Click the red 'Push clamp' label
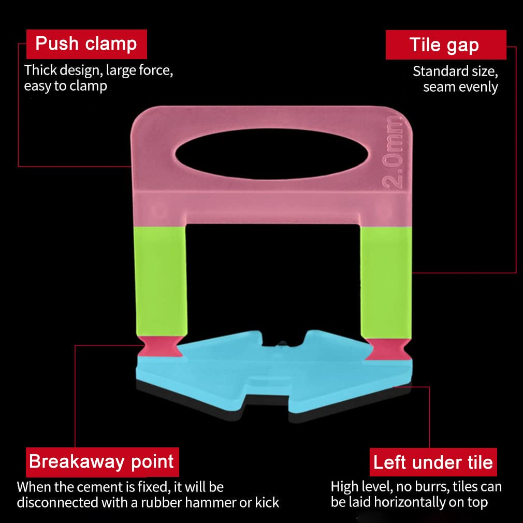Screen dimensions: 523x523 86,44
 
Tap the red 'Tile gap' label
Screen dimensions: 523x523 446,45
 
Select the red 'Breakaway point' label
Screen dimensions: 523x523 103,462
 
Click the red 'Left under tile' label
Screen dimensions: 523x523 433,462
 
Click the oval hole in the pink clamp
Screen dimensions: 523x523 271,154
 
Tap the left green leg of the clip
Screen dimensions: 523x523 161,281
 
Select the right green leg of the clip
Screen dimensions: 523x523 386,283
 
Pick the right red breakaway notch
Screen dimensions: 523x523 387,349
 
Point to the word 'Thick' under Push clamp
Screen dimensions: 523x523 40,70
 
